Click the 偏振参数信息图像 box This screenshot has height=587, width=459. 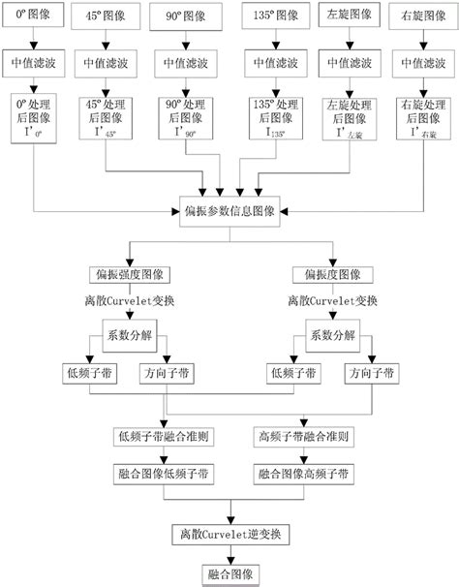pos(230,209)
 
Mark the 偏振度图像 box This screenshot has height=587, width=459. pos(333,274)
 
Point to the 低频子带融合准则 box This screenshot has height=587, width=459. pos(164,437)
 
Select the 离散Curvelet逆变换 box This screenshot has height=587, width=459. pos(229,534)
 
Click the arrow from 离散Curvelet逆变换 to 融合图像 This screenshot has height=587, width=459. pos(229,554)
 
